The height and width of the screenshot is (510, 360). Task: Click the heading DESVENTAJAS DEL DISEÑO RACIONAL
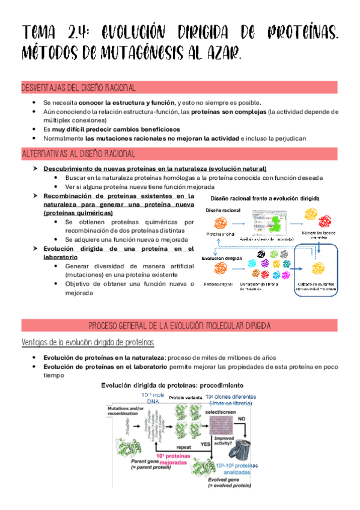[78, 88]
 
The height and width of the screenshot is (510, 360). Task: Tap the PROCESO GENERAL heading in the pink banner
[180, 325]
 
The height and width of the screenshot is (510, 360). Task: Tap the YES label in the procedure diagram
[205, 444]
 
